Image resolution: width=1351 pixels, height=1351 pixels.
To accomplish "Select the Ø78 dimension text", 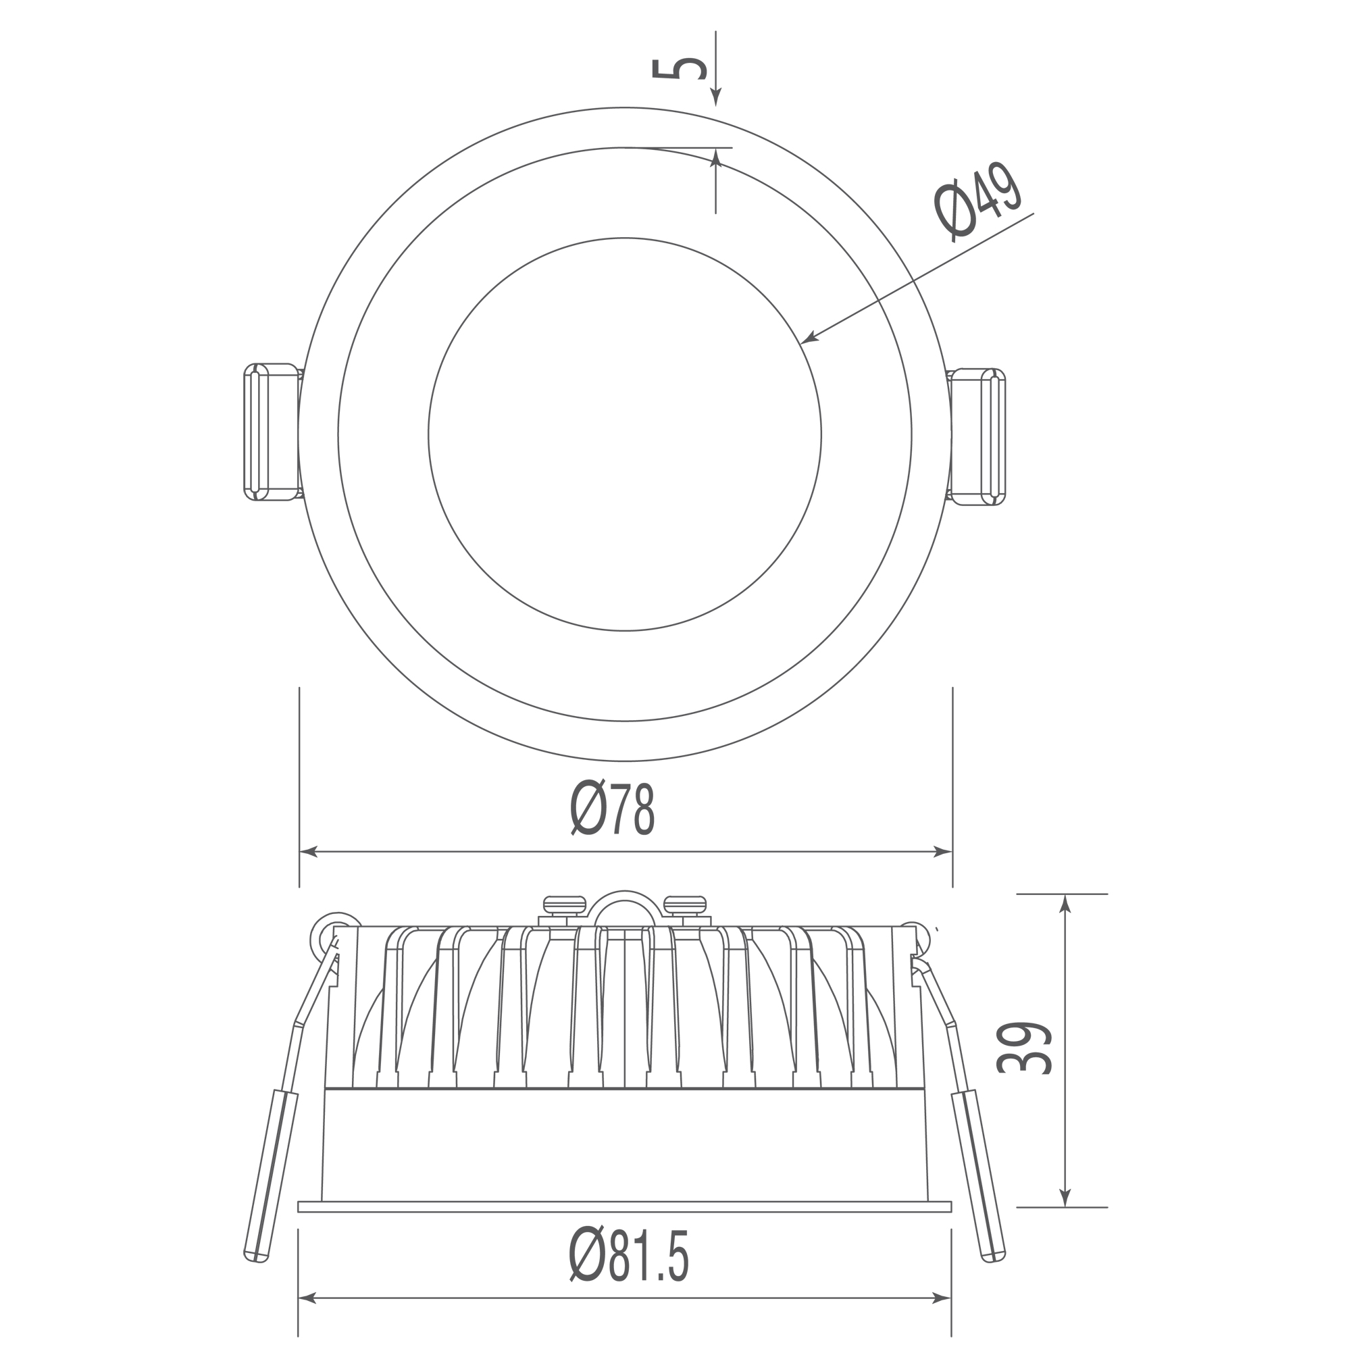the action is pos(613,808).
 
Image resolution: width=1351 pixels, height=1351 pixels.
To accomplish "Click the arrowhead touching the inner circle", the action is pos(810,338).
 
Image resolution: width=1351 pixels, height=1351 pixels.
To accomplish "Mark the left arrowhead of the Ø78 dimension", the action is pos(309,852).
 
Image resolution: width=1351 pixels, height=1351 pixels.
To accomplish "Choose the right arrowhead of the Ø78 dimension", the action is pos(942,852).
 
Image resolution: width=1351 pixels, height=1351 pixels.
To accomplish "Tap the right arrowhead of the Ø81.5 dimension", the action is pos(941,1317).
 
